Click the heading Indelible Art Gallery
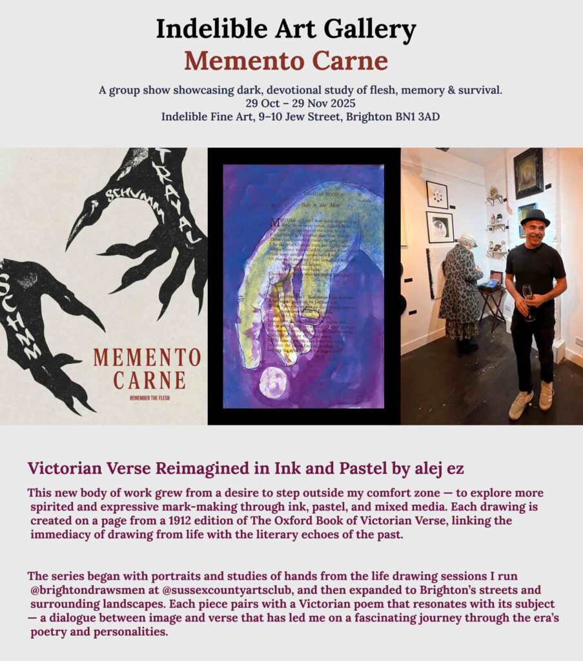286,30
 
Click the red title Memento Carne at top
286,61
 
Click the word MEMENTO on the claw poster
147,358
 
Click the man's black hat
535,218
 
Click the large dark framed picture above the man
528,172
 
